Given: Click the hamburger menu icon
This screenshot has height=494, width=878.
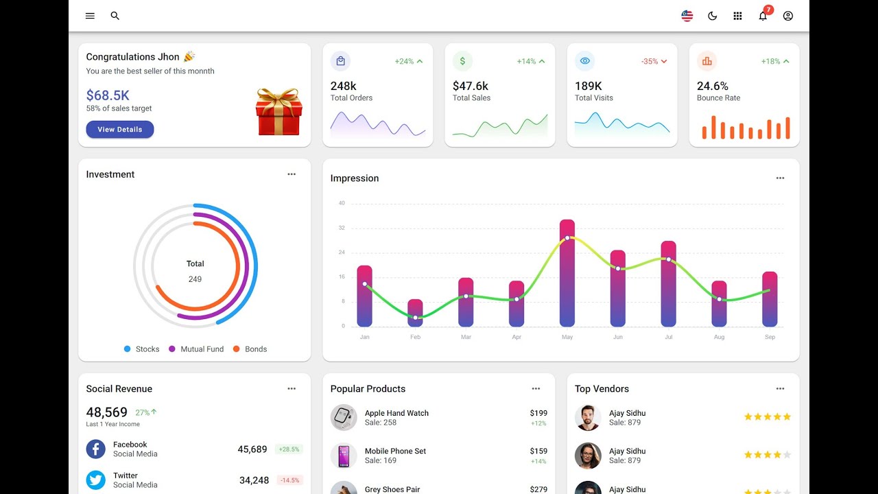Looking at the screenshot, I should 90,16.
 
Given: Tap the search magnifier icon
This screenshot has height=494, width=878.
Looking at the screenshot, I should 115,16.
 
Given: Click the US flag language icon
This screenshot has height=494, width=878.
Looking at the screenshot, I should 687,16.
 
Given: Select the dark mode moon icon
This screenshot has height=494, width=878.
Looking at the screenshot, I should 712,16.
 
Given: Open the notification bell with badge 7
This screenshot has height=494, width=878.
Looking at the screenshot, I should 763,16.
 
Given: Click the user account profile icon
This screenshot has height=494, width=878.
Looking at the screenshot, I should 788,16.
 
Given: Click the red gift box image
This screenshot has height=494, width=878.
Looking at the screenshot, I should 278,112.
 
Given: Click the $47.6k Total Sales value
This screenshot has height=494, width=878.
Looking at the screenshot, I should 471,86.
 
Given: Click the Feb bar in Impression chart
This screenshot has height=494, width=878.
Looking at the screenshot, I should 415,313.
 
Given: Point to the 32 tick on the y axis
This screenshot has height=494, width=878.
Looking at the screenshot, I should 342,228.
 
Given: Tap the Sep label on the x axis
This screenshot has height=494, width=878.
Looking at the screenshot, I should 770,337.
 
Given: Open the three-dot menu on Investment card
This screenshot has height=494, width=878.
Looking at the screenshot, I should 292,174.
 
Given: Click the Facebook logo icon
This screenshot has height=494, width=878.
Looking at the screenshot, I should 96,449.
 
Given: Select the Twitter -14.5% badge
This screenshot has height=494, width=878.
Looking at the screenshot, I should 289,480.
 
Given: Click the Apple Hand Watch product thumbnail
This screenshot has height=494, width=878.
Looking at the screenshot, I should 344,417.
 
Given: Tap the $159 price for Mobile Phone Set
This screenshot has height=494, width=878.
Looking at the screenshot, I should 538,451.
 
